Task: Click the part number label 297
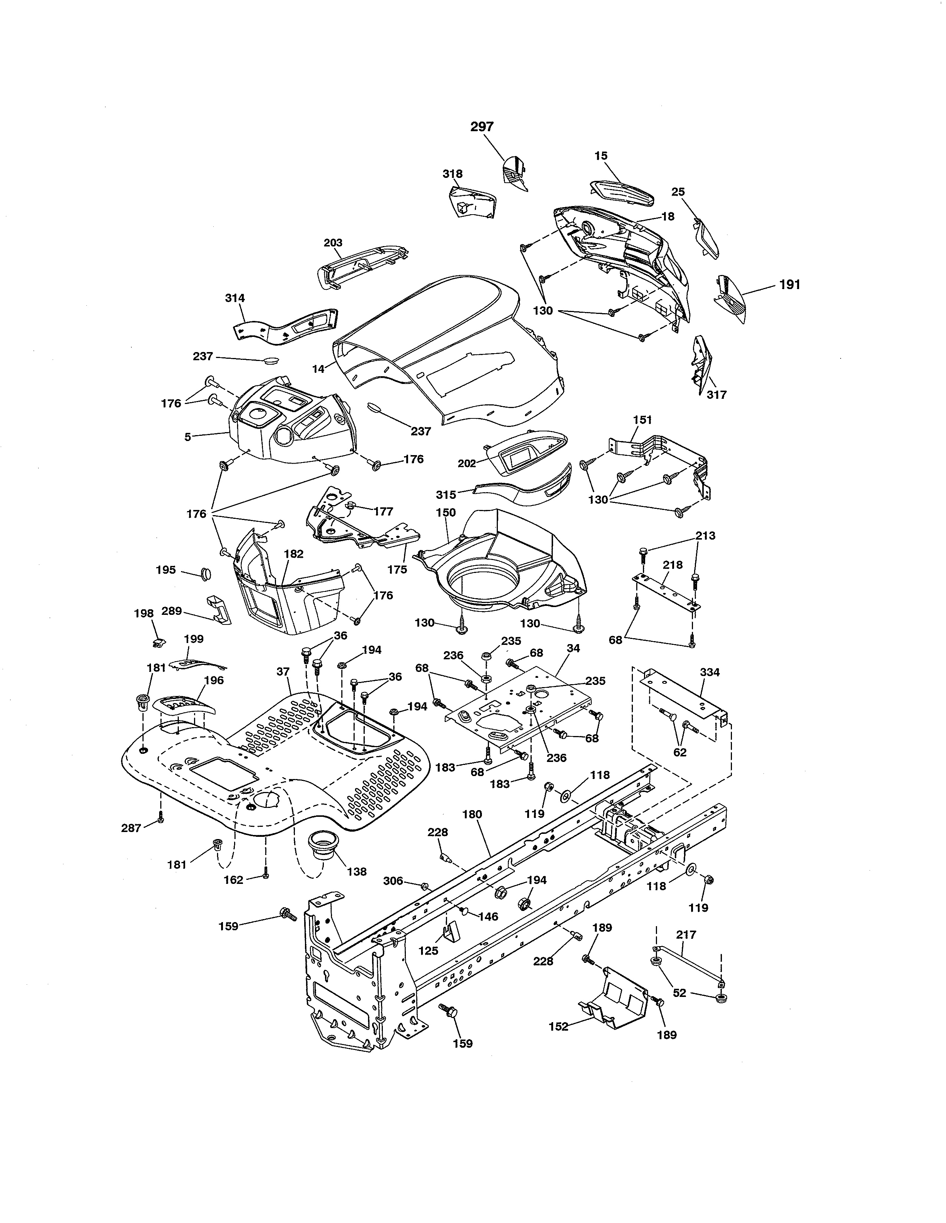pyautogui.click(x=482, y=127)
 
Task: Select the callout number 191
pyautogui.click(x=790, y=285)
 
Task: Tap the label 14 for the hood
pyautogui.click(x=318, y=369)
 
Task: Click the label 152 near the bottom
pyautogui.click(x=558, y=1027)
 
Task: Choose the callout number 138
pyautogui.click(x=357, y=872)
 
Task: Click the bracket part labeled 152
pyautogui.click(x=614, y=997)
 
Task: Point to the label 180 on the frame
pyautogui.click(x=472, y=814)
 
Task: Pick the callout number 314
pyautogui.click(x=235, y=298)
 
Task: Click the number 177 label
pyautogui.click(x=383, y=511)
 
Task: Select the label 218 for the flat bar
pyautogui.click(x=673, y=565)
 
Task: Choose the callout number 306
pyautogui.click(x=393, y=881)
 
